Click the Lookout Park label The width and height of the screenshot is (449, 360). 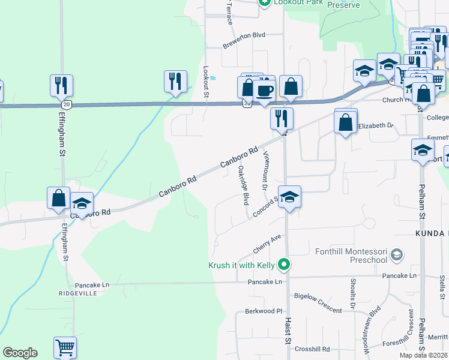(x=295, y=2)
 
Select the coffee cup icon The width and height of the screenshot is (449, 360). (x=264, y=91)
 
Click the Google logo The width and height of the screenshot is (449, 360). (x=20, y=353)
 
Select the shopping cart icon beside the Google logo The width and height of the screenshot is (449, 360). (x=65, y=347)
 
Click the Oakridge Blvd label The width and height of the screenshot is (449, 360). (x=243, y=186)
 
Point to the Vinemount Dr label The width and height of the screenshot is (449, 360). (x=265, y=171)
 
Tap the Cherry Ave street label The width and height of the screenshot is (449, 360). (x=267, y=244)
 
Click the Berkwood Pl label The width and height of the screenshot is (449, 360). (x=264, y=311)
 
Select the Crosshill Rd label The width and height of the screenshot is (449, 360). (x=312, y=349)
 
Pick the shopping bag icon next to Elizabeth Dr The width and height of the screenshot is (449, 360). (x=346, y=122)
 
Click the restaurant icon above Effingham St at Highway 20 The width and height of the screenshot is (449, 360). (x=61, y=85)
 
